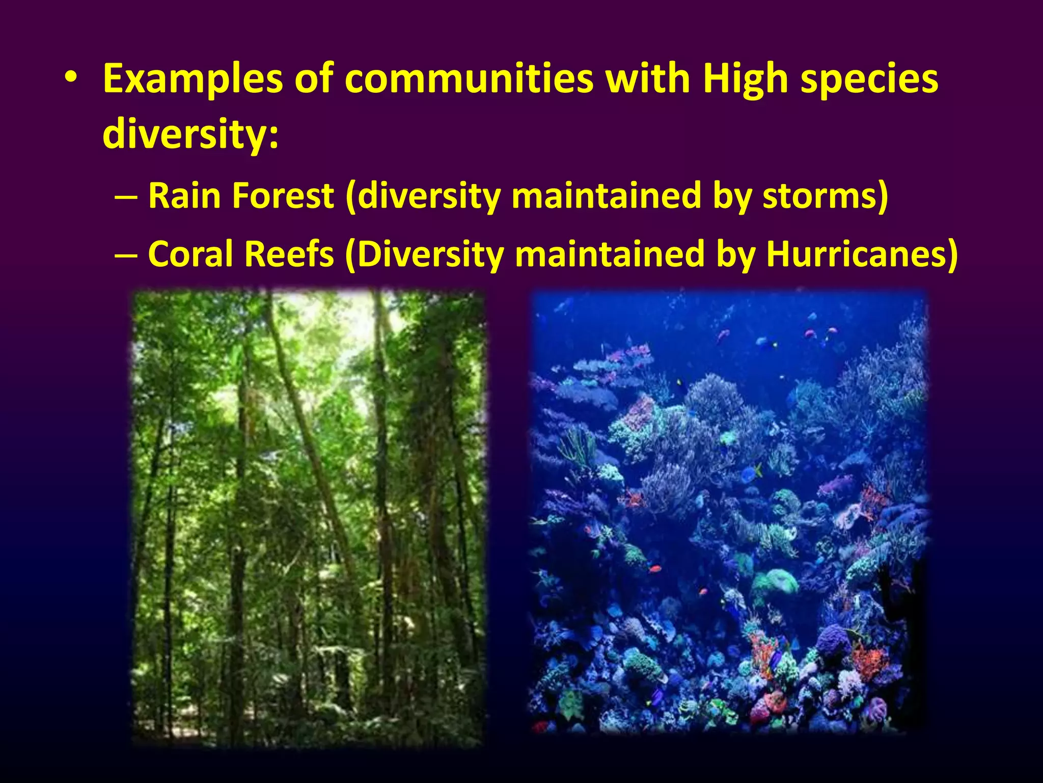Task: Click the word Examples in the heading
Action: pos(193,79)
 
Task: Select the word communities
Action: pos(469,79)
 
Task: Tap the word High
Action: pos(746,79)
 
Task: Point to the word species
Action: pos(869,79)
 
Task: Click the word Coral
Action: pos(191,254)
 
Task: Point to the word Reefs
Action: pos(289,254)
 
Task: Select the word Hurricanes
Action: pos(861,254)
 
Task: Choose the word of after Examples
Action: pos(314,79)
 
